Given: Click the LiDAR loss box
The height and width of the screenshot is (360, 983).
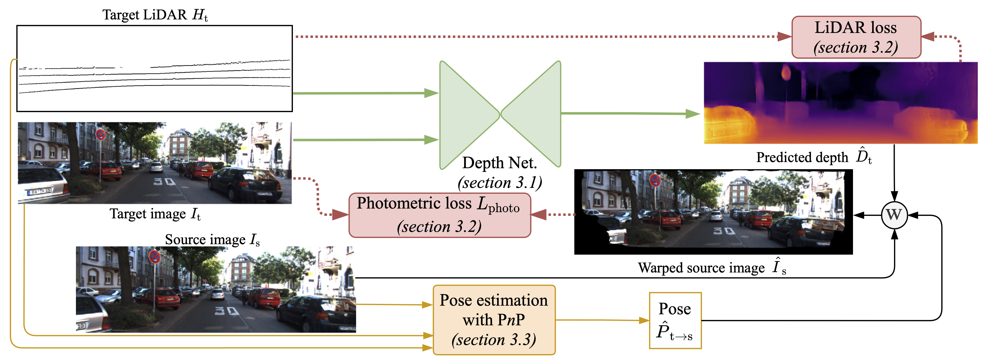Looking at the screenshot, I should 856,37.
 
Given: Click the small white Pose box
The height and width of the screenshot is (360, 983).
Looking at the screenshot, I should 675,320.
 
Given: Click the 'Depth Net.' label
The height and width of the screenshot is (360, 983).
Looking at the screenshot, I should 500,163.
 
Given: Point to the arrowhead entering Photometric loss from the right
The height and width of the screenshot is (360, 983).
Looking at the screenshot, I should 539,215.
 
